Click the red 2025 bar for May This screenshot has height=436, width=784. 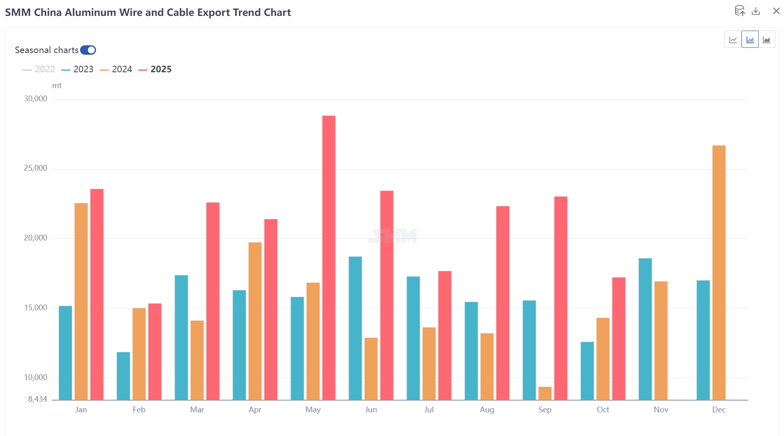pyautogui.click(x=328, y=257)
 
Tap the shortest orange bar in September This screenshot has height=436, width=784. pyautogui.click(x=545, y=393)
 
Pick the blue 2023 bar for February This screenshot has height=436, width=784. pyautogui.click(x=123, y=376)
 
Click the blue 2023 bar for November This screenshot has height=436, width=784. pyautogui.click(x=645, y=329)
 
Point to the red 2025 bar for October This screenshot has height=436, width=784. pyautogui.click(x=619, y=338)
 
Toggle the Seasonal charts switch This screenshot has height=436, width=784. pyautogui.click(x=88, y=50)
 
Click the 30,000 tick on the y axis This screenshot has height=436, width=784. pyautogui.click(x=36, y=99)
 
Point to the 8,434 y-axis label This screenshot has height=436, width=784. pyautogui.click(x=38, y=399)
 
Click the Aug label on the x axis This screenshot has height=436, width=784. pyautogui.click(x=487, y=409)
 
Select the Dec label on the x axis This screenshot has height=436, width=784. pyautogui.click(x=719, y=409)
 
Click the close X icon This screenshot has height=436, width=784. pyautogui.click(x=776, y=11)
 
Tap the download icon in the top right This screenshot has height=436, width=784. pyautogui.click(x=756, y=11)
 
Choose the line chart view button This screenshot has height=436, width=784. pyautogui.click(x=733, y=40)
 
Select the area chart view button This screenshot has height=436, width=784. pyautogui.click(x=766, y=40)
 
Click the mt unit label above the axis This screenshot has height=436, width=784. pyautogui.click(x=57, y=86)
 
